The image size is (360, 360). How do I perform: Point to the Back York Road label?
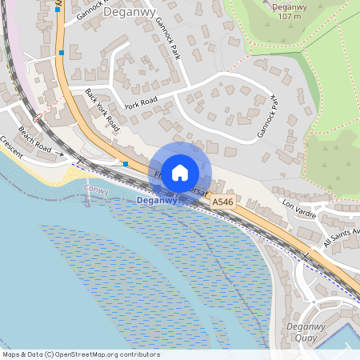pos(102,109)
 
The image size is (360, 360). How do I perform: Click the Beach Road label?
pos(34,140)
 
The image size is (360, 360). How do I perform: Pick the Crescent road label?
pos(10,144)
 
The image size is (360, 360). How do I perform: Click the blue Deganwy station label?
pos(158,201)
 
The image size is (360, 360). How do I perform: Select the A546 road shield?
pos(223,205)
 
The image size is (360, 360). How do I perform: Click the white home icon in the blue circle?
pos(180,172)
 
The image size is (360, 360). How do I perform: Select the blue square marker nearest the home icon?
pos(126,164)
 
